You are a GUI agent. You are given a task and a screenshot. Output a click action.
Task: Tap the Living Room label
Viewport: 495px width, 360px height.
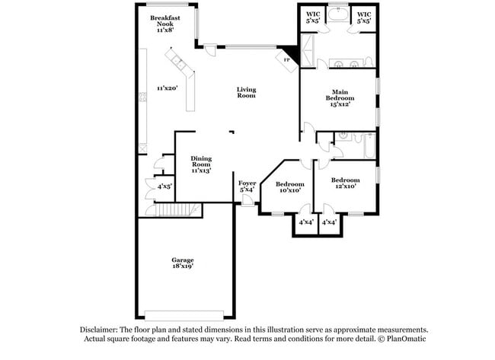(x=246, y=92)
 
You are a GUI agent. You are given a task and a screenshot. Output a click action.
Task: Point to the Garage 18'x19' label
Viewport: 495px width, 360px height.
(x=182, y=263)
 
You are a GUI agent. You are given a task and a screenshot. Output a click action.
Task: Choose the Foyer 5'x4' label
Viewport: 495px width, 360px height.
(x=247, y=186)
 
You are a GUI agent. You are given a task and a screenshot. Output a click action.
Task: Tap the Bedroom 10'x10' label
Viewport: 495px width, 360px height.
(x=289, y=187)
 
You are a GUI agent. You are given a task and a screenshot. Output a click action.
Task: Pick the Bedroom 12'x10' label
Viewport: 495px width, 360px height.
(x=346, y=183)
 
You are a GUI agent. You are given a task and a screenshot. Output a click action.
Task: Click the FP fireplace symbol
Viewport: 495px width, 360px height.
(x=287, y=59)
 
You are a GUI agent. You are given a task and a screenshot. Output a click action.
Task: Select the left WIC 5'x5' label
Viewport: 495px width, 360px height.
(x=313, y=18)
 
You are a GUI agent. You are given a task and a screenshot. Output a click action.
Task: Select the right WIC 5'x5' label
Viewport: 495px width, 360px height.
(x=364, y=18)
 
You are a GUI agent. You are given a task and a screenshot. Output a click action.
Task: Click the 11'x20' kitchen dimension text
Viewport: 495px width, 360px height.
(x=167, y=88)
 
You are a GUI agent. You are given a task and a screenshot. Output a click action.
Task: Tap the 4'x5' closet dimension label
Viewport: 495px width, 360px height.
(x=164, y=186)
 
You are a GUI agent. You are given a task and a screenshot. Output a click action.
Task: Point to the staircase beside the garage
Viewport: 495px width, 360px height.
(x=177, y=210)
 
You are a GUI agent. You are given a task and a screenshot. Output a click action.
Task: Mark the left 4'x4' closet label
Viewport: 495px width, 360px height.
(x=306, y=222)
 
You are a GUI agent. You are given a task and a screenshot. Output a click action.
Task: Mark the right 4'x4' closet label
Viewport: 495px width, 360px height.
(x=330, y=222)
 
